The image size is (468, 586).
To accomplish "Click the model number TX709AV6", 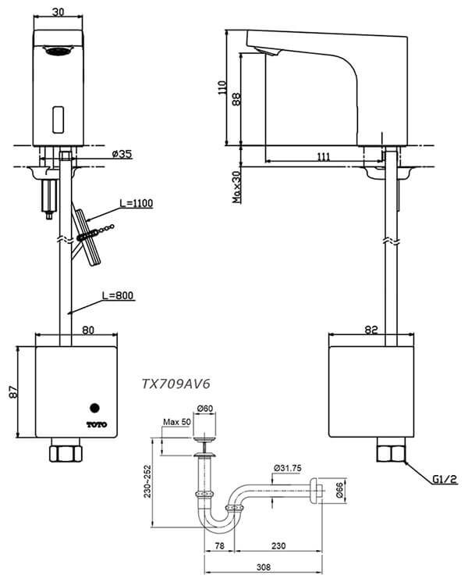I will pos(176,384).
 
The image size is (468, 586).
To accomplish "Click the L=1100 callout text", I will pos(136,203).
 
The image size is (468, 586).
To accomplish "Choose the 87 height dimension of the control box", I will pos(10,394).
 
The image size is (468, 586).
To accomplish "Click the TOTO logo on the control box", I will pos(95,424).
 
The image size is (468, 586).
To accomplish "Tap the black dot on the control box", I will pos(95,407).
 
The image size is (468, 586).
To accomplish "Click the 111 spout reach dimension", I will pos(324,157).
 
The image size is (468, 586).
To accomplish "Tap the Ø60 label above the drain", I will pos(206,409).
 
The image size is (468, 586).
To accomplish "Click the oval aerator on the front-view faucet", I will pos(59,52).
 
